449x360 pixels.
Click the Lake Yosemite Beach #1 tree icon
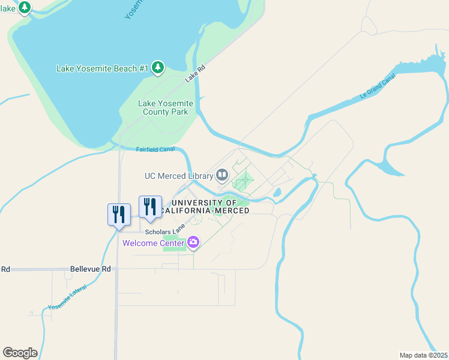pos(158,67)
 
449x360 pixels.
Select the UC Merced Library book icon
pos(222,176)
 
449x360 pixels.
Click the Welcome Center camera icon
pos(193,242)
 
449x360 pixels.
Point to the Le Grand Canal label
pos(378,87)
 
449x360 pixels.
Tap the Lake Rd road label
pos(195,74)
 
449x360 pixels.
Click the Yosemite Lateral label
pos(67,296)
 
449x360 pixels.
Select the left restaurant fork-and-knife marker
pos(119,214)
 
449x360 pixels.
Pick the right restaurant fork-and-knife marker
pos(150,206)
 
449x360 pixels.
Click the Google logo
pos(20,353)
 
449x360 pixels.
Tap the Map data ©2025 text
pos(423,355)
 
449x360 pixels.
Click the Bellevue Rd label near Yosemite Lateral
pos(91,269)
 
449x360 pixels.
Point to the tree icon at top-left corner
pos(25,7)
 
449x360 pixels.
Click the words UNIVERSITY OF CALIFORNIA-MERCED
pos(217,206)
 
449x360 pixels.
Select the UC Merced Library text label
pos(179,176)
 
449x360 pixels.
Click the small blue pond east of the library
pos(277,193)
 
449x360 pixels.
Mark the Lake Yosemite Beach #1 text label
pos(102,68)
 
